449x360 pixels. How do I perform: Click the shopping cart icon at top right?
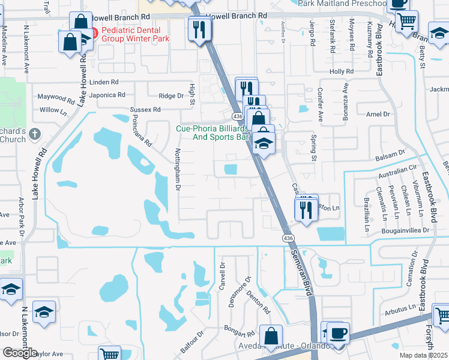pos(407,22)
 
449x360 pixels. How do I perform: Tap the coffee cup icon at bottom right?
pos(338,334)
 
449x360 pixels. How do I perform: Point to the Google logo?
pos(20,353)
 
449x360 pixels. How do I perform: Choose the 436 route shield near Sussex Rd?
pos(238,115)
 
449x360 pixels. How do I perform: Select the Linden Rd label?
pos(104,82)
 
